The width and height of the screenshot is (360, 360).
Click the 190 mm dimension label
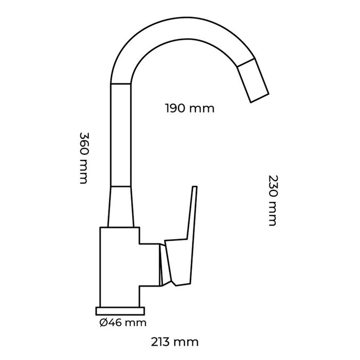[189, 109]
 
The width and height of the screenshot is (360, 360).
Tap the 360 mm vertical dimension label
[84, 158]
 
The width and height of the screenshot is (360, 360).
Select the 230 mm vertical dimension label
[272, 201]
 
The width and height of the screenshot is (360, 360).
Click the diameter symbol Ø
[102, 323]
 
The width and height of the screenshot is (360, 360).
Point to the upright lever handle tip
[194, 191]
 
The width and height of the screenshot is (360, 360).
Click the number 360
[84, 146]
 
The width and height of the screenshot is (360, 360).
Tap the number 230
[272, 188]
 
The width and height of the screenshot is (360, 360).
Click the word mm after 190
[202, 109]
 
